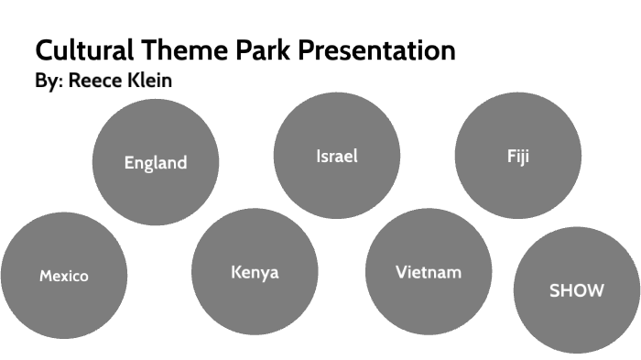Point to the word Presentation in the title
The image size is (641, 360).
click(376, 50)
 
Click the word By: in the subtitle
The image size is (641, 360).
click(49, 82)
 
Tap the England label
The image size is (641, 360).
click(156, 163)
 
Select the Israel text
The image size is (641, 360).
click(336, 156)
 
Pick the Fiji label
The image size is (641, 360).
click(518, 156)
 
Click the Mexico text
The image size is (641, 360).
click(63, 276)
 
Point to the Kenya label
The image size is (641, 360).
click(255, 272)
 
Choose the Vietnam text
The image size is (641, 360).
click(428, 272)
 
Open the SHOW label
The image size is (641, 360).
click(576, 290)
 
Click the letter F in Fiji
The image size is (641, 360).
click(511, 156)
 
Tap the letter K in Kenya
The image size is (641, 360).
click(236, 272)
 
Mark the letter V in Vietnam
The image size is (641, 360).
click(401, 272)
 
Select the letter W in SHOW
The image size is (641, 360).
click(595, 290)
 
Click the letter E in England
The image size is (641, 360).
click(129, 163)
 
